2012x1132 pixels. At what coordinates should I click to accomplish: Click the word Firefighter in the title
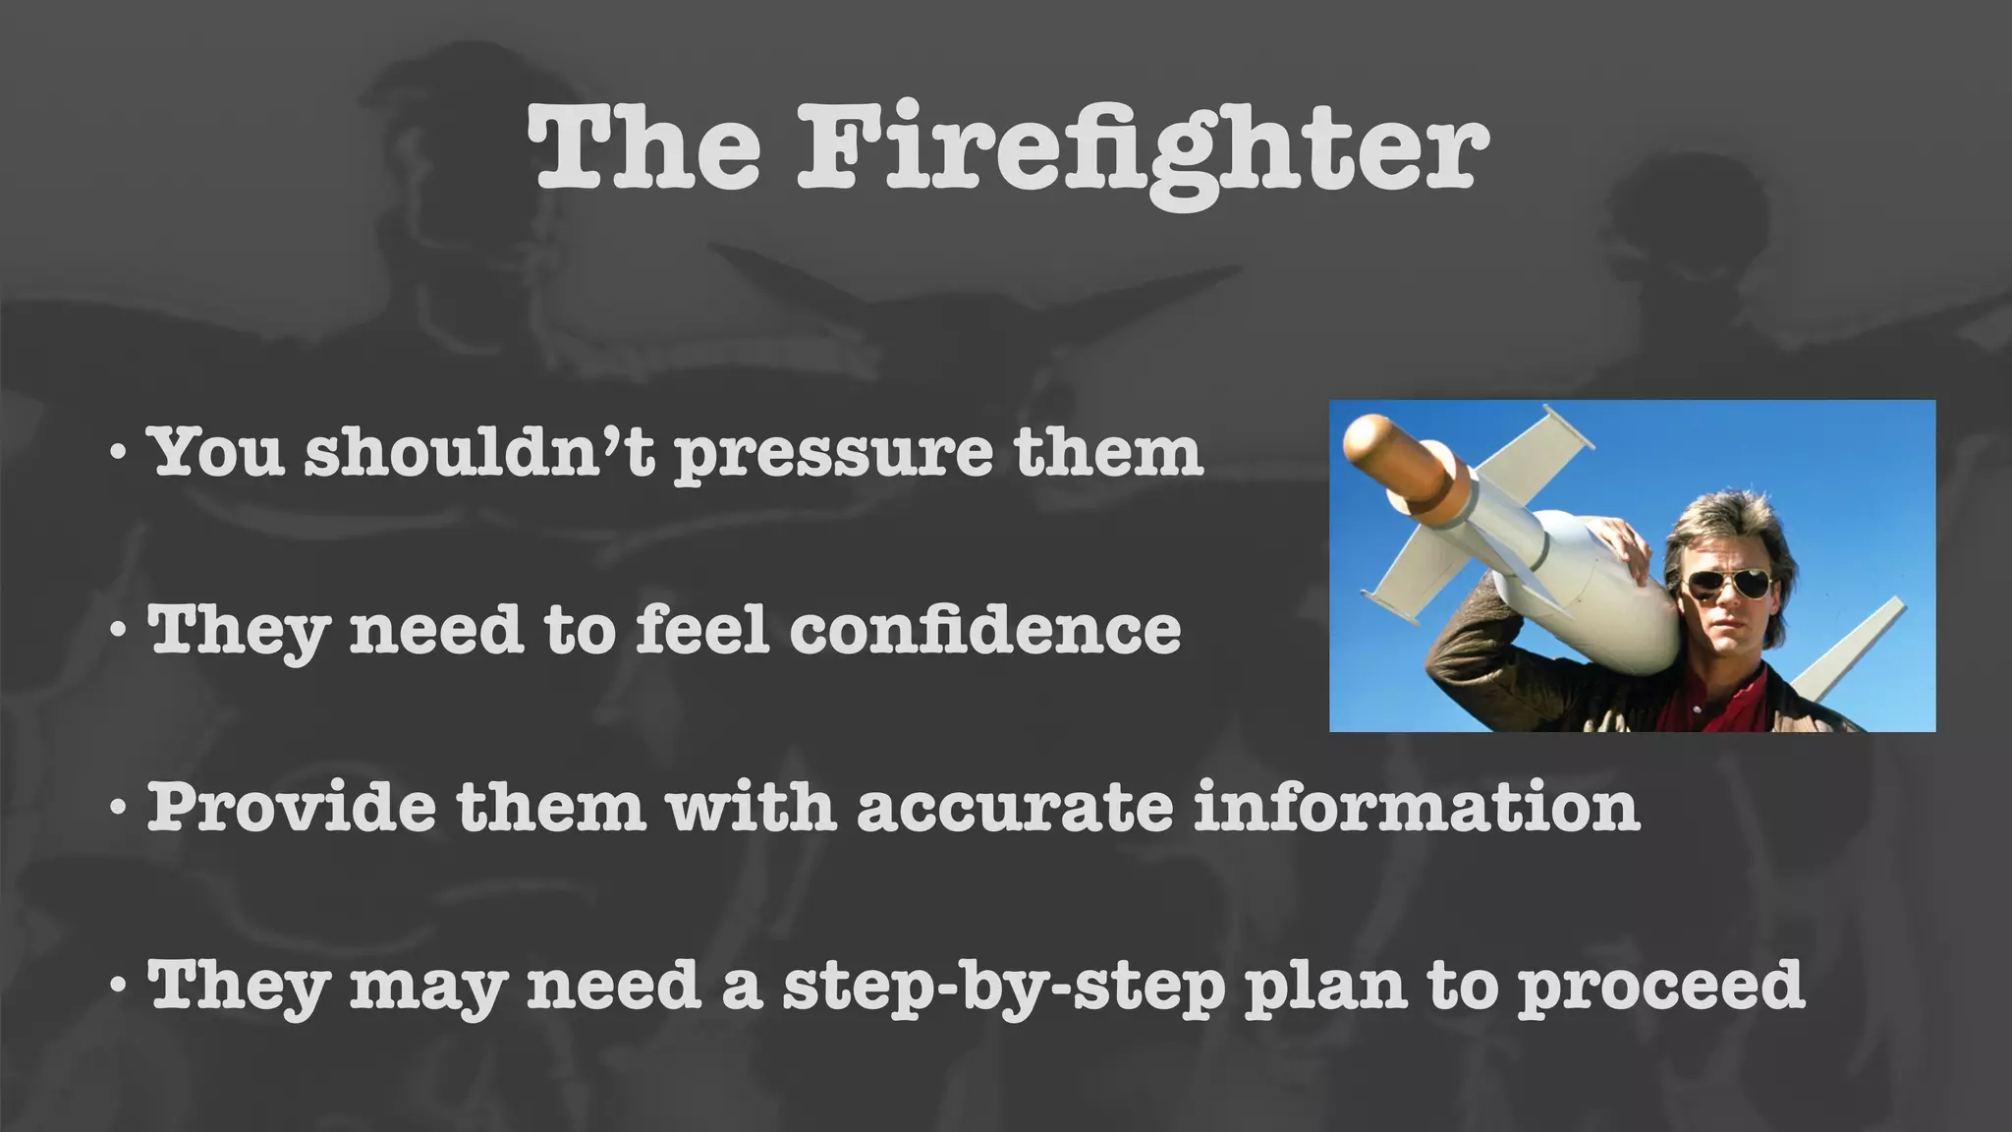(x=1145, y=149)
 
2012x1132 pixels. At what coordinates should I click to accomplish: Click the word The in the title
(x=644, y=149)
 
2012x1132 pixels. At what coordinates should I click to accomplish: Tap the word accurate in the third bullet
(x=1015, y=809)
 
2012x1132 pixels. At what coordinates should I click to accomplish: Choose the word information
(x=1417, y=807)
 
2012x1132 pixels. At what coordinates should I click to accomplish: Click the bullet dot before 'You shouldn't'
(x=118, y=454)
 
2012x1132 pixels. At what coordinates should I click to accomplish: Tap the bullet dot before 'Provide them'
(x=118, y=809)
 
